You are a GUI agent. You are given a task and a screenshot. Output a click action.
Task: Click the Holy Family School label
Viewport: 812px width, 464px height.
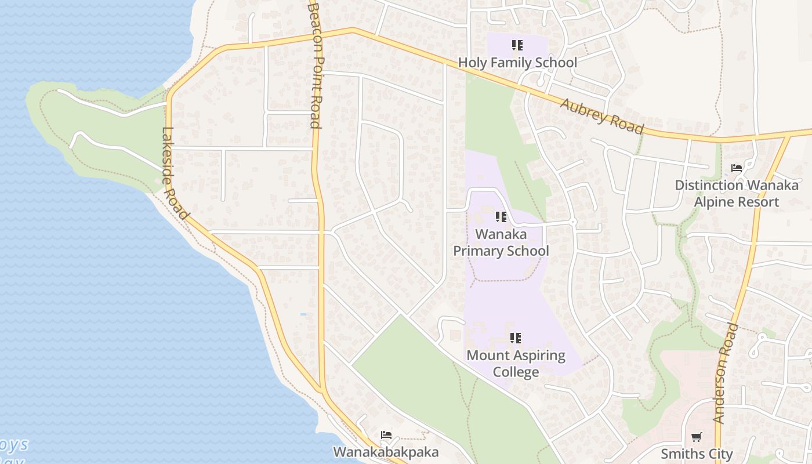pyautogui.click(x=517, y=63)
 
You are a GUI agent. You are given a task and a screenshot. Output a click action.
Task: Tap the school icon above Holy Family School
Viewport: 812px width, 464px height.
pyautogui.click(x=517, y=45)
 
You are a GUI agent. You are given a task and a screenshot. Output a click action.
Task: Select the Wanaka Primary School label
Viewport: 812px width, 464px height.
pyautogui.click(x=501, y=242)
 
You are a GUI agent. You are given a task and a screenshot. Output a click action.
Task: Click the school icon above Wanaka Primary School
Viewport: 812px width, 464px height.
pyautogui.click(x=501, y=217)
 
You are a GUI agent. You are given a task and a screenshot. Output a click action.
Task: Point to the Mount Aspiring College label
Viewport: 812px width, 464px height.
pyautogui.click(x=516, y=363)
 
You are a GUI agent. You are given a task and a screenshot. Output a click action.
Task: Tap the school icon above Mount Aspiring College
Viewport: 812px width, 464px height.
pyautogui.click(x=516, y=338)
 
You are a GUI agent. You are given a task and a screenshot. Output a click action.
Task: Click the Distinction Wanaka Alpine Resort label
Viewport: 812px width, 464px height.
pyautogui.click(x=737, y=194)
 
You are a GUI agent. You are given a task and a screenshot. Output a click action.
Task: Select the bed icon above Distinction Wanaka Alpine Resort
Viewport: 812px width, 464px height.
pyautogui.click(x=737, y=169)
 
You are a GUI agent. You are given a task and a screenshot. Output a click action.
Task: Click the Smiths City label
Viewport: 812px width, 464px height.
pyautogui.click(x=697, y=454)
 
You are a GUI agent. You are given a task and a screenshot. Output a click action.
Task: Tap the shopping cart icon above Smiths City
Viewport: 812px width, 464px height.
pyautogui.click(x=697, y=436)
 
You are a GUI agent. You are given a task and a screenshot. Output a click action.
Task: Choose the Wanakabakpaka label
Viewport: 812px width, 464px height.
pyautogui.click(x=386, y=452)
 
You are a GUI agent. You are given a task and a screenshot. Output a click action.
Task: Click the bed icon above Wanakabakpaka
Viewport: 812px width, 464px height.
pyautogui.click(x=386, y=435)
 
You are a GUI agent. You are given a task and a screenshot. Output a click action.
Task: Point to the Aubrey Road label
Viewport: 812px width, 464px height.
pyautogui.click(x=602, y=115)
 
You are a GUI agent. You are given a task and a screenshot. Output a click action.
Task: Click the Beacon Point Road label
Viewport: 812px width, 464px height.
pyautogui.click(x=315, y=64)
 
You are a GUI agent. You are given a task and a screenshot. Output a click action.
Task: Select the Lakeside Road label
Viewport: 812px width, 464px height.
pyautogui.click(x=175, y=173)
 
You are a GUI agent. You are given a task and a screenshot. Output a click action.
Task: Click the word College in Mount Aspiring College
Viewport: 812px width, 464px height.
pyautogui.click(x=516, y=372)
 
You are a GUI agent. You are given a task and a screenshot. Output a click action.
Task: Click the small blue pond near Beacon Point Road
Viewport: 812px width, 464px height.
pyautogui.click(x=303, y=314)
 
